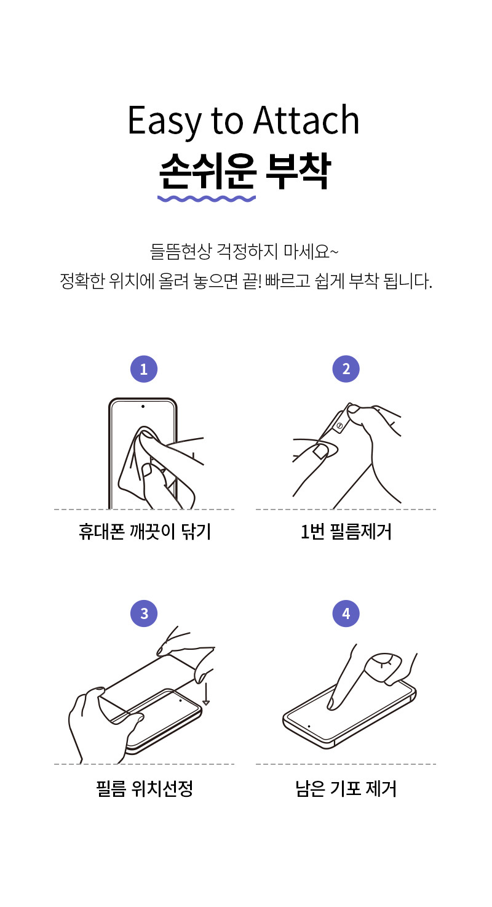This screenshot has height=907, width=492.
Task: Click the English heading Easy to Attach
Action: click(244, 121)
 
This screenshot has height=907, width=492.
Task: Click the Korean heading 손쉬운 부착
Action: click(245, 171)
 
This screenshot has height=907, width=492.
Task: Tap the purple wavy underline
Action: click(207, 198)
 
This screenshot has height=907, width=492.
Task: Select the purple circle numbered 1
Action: click(144, 369)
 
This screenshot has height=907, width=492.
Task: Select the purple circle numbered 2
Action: click(346, 369)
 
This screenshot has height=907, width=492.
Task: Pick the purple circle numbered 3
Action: click(144, 613)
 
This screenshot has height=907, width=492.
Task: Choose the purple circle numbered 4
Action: click(346, 613)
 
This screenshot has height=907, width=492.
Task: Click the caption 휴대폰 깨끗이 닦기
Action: click(145, 532)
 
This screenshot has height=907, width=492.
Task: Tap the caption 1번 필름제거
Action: click(346, 532)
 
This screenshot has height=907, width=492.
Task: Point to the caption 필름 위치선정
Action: click(145, 788)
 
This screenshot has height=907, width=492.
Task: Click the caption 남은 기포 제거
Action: click(346, 788)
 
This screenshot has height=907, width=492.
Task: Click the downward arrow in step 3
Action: click(206, 694)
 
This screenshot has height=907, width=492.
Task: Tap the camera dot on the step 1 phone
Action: click(143, 407)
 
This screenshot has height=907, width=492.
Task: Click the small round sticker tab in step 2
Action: click(340, 426)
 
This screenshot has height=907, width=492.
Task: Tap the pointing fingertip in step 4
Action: click(331, 705)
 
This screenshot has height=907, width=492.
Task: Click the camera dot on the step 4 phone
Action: click(309, 727)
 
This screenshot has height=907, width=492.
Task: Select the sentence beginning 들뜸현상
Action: click(244, 252)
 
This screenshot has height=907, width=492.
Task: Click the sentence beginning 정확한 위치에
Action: click(246, 281)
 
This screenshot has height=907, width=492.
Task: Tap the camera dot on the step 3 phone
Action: click(180, 700)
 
